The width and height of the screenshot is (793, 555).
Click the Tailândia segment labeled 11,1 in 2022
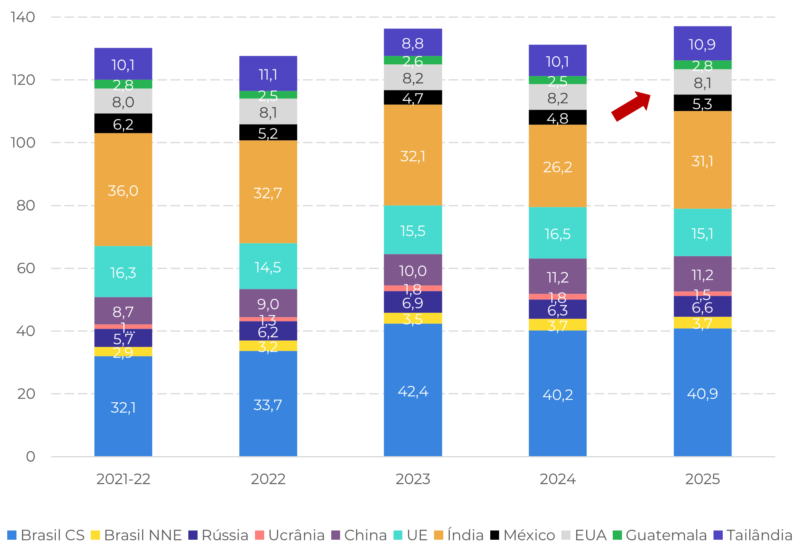[x=268, y=74]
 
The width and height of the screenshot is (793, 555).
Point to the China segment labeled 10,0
[x=413, y=270]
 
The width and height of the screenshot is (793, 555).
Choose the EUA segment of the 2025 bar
[x=703, y=82]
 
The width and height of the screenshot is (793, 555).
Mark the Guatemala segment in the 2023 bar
[x=413, y=60]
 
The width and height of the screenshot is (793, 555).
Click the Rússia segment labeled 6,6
[x=703, y=307]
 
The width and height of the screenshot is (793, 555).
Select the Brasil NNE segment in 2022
[x=268, y=346]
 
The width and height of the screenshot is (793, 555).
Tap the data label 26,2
[x=558, y=167]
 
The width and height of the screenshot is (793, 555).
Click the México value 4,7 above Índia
[x=413, y=98]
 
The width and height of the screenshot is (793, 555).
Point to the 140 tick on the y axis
[x=23, y=17]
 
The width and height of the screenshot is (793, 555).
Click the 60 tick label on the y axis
[x=26, y=268]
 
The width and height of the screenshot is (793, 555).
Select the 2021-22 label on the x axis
[x=123, y=479]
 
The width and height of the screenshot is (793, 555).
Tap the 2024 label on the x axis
[x=558, y=479]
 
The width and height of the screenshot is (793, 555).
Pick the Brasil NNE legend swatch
[x=95, y=535]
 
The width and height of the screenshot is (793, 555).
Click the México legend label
[x=529, y=535]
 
